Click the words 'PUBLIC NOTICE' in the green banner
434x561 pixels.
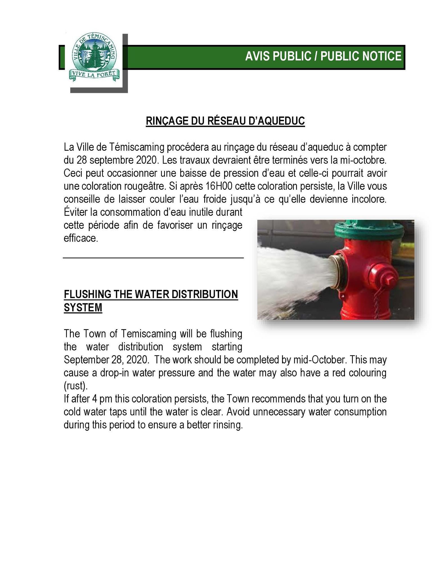click(x=361, y=56)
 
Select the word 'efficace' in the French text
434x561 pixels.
click(x=81, y=238)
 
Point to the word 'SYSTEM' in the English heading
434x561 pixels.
click(x=83, y=308)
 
